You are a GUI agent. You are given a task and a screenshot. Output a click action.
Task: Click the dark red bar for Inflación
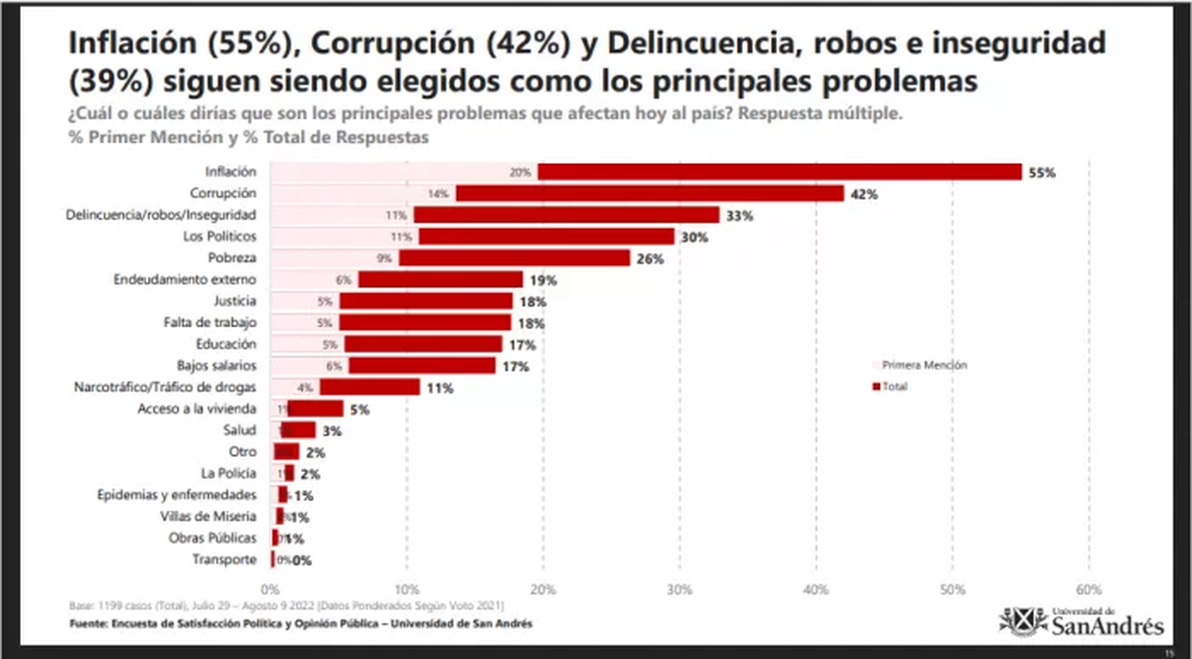pyautogui.click(x=780, y=172)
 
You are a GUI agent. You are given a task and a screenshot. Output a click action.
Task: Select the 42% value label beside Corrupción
pyautogui.click(x=863, y=194)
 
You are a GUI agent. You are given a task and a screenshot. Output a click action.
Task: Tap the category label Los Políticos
pyautogui.click(x=221, y=237)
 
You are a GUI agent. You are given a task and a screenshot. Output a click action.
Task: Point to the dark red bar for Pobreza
pyautogui.click(x=515, y=258)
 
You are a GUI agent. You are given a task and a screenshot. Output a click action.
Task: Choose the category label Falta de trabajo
pyautogui.click(x=210, y=323)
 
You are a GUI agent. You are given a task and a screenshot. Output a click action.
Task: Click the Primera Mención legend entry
pyautogui.click(x=918, y=365)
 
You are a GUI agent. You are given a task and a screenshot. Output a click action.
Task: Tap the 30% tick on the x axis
pyautogui.click(x=679, y=587)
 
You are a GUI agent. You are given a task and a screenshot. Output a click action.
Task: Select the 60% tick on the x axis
pyautogui.click(x=1089, y=587)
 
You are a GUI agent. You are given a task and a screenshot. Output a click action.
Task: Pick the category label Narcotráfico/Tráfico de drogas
pyautogui.click(x=167, y=387)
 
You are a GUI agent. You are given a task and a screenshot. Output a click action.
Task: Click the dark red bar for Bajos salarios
pyautogui.click(x=421, y=366)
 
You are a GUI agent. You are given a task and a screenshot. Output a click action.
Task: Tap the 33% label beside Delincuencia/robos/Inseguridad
pyautogui.click(x=738, y=216)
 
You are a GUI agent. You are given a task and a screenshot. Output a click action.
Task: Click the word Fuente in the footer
pyautogui.click(x=88, y=623)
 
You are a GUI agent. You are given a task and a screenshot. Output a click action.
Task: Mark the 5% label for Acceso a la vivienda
pyautogui.click(x=360, y=410)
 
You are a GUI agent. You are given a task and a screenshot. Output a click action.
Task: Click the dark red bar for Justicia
pyautogui.click(x=426, y=301)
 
